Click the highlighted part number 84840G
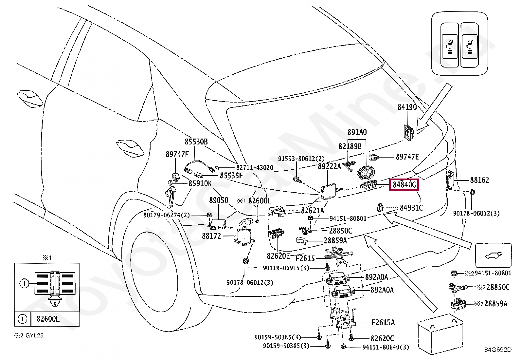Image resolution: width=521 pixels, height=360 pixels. pyautogui.click(x=404, y=185)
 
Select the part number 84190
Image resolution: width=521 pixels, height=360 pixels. pyautogui.click(x=407, y=107)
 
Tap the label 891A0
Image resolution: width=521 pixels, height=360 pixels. pyautogui.click(x=357, y=132)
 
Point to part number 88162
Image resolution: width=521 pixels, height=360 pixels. pyautogui.click(x=479, y=180)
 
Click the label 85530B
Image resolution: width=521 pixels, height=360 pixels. pyautogui.click(x=196, y=142)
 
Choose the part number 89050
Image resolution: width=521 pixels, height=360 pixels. pyautogui.click(x=219, y=200)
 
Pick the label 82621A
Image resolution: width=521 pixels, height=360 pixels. pyautogui.click(x=313, y=211)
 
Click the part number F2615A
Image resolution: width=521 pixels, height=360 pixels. pyautogui.click(x=383, y=323)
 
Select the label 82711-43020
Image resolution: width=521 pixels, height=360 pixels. pyautogui.click(x=255, y=168)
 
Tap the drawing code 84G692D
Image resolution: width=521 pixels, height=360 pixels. pyautogui.click(x=497, y=350)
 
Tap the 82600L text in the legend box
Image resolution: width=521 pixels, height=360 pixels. pyautogui.click(x=48, y=319)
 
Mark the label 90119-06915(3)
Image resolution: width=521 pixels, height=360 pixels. pyautogui.click(x=286, y=268)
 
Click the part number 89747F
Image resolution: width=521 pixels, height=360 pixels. pyautogui.click(x=177, y=154)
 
